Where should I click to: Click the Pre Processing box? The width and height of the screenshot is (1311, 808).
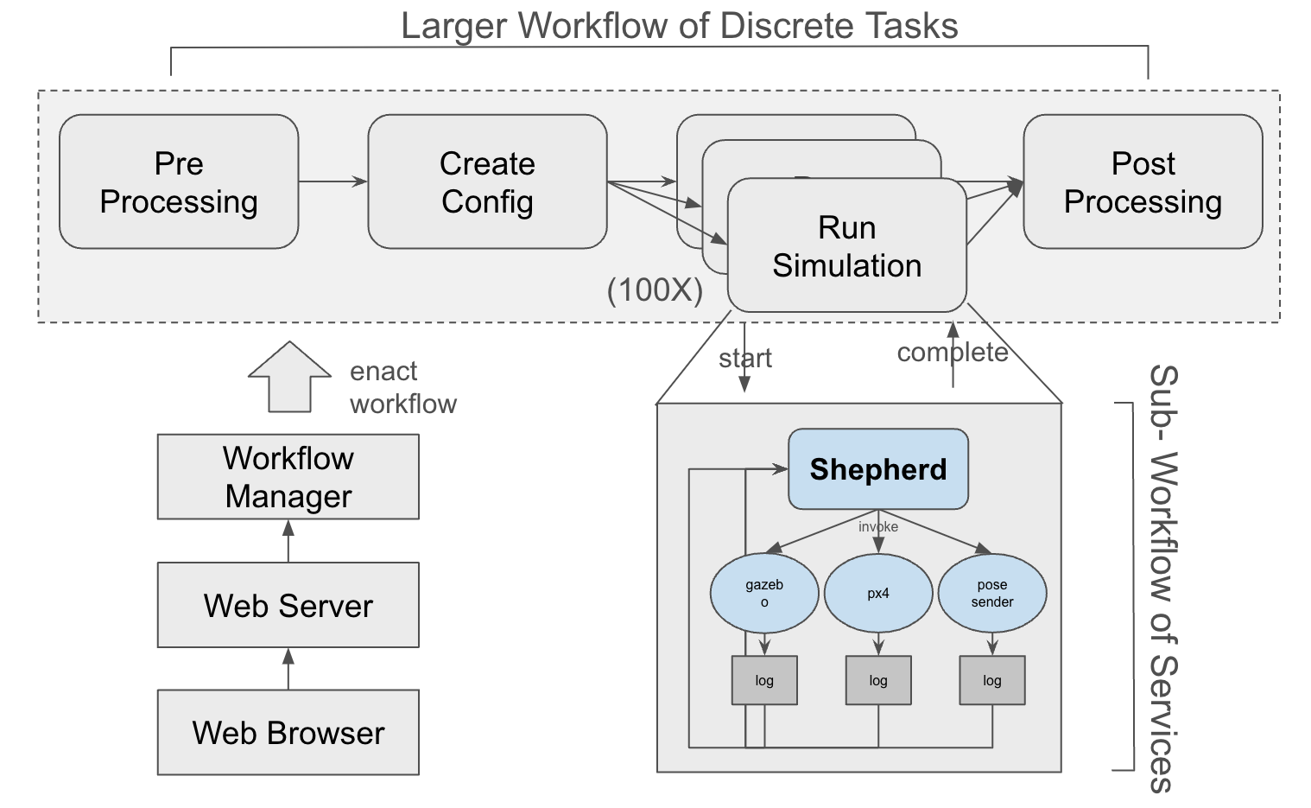(179, 182)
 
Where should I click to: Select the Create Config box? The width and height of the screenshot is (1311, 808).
(487, 182)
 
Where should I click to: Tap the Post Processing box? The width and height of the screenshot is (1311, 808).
(1143, 182)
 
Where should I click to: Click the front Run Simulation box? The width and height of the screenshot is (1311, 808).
(846, 246)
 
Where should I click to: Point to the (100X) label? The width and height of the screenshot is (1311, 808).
(655, 290)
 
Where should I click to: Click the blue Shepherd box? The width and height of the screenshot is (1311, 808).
(878, 469)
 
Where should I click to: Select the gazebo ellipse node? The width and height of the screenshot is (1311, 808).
(764, 594)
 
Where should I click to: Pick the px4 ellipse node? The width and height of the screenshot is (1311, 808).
(878, 594)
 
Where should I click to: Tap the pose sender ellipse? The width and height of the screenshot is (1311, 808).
(992, 594)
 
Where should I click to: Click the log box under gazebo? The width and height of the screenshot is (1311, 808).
(764, 680)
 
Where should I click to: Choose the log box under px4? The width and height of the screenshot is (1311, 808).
(878, 680)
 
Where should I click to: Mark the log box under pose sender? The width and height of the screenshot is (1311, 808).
(992, 680)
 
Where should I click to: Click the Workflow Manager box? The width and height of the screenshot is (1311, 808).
(288, 477)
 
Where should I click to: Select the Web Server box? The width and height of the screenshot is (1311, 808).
(288, 605)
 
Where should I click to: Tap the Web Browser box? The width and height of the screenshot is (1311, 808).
(288, 733)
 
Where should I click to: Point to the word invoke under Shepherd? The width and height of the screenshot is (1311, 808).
(878, 527)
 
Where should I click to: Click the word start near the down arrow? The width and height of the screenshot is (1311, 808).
(744, 359)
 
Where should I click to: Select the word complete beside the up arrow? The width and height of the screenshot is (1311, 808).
(952, 353)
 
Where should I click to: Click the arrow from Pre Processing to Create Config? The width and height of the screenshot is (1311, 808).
(332, 181)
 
